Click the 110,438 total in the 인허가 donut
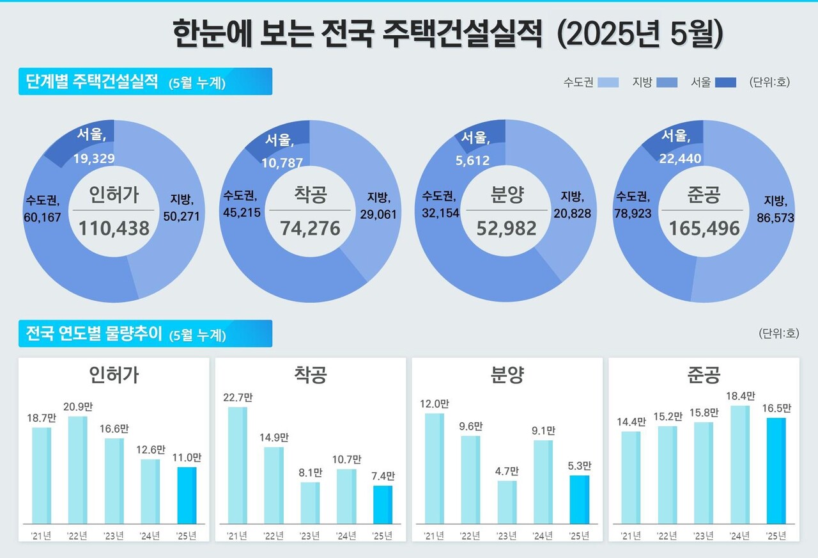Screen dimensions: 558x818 (x=113, y=227)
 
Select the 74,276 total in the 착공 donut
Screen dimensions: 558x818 (x=310, y=228)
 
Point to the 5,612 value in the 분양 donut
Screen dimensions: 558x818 (x=474, y=161)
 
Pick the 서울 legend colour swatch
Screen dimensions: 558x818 (x=725, y=83)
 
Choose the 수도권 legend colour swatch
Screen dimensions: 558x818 (x=608, y=83)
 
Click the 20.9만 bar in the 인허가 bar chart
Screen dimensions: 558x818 (x=77, y=470)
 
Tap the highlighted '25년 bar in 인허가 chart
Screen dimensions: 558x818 (x=187, y=495)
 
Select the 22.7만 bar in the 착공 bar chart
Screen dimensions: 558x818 (x=237, y=465)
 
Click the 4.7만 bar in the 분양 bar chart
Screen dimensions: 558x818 (x=507, y=502)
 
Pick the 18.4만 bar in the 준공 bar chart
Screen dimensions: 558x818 (x=740, y=465)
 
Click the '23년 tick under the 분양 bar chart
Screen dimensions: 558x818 (x=507, y=536)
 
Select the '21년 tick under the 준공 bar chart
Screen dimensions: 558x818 (x=630, y=536)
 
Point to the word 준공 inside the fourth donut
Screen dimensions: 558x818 (x=704, y=195)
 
